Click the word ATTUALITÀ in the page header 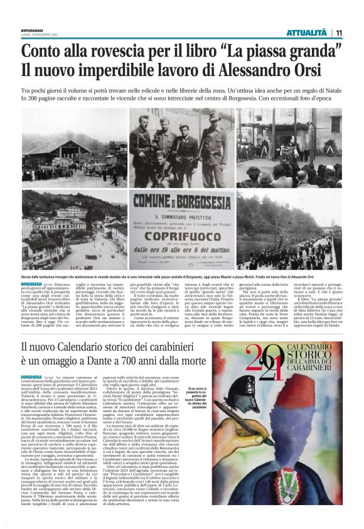(x=306, y=32)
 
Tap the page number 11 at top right (x=338, y=32)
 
